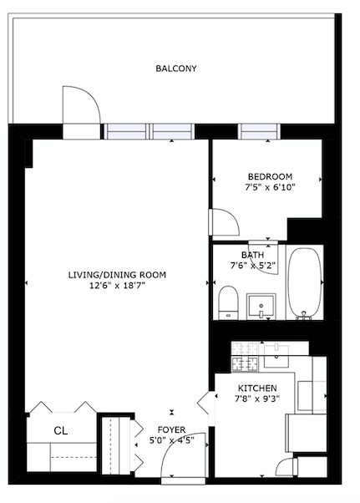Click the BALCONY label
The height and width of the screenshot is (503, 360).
(x=176, y=69)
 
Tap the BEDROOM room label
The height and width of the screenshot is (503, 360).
(x=270, y=176)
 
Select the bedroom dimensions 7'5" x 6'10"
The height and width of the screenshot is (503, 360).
(x=270, y=187)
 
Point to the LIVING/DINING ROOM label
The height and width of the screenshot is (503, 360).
(x=117, y=275)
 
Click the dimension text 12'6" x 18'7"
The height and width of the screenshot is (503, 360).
(x=117, y=285)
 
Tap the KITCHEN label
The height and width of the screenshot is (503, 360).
(x=257, y=389)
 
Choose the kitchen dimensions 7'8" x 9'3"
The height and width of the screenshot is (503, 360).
(x=257, y=399)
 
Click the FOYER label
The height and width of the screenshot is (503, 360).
(x=171, y=429)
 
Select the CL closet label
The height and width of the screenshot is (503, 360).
(x=61, y=431)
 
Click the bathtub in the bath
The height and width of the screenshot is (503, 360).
(x=305, y=283)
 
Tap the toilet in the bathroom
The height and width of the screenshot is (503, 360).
(x=229, y=302)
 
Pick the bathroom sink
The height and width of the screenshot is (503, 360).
(x=261, y=307)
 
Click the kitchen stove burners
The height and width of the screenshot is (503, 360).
(x=245, y=357)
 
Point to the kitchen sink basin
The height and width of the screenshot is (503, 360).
(x=276, y=356)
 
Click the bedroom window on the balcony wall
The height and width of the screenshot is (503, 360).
(x=259, y=131)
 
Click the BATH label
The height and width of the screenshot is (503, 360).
(x=252, y=255)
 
